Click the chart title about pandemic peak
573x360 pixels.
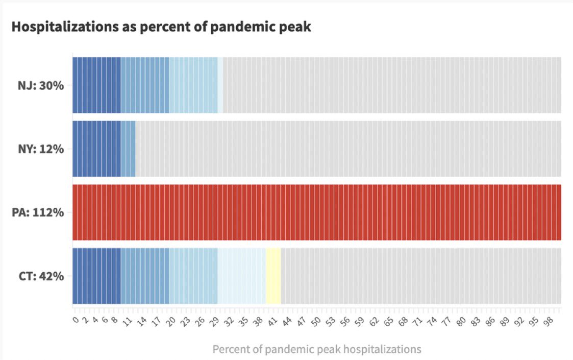click(161, 27)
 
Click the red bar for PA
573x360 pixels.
click(316, 212)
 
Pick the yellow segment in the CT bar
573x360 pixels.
click(273, 276)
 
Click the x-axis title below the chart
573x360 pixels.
click(316, 349)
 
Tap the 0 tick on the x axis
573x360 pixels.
click(74, 320)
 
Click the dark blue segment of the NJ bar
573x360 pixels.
click(96, 85)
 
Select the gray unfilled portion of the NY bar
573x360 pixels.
click(347, 149)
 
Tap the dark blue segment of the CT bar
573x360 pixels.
click(96, 276)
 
